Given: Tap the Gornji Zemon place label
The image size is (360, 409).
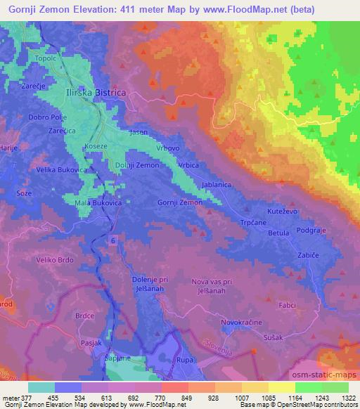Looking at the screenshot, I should click(180, 202).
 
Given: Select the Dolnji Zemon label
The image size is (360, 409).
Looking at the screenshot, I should click(137, 164).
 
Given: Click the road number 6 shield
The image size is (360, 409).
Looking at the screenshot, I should click(113, 241).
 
